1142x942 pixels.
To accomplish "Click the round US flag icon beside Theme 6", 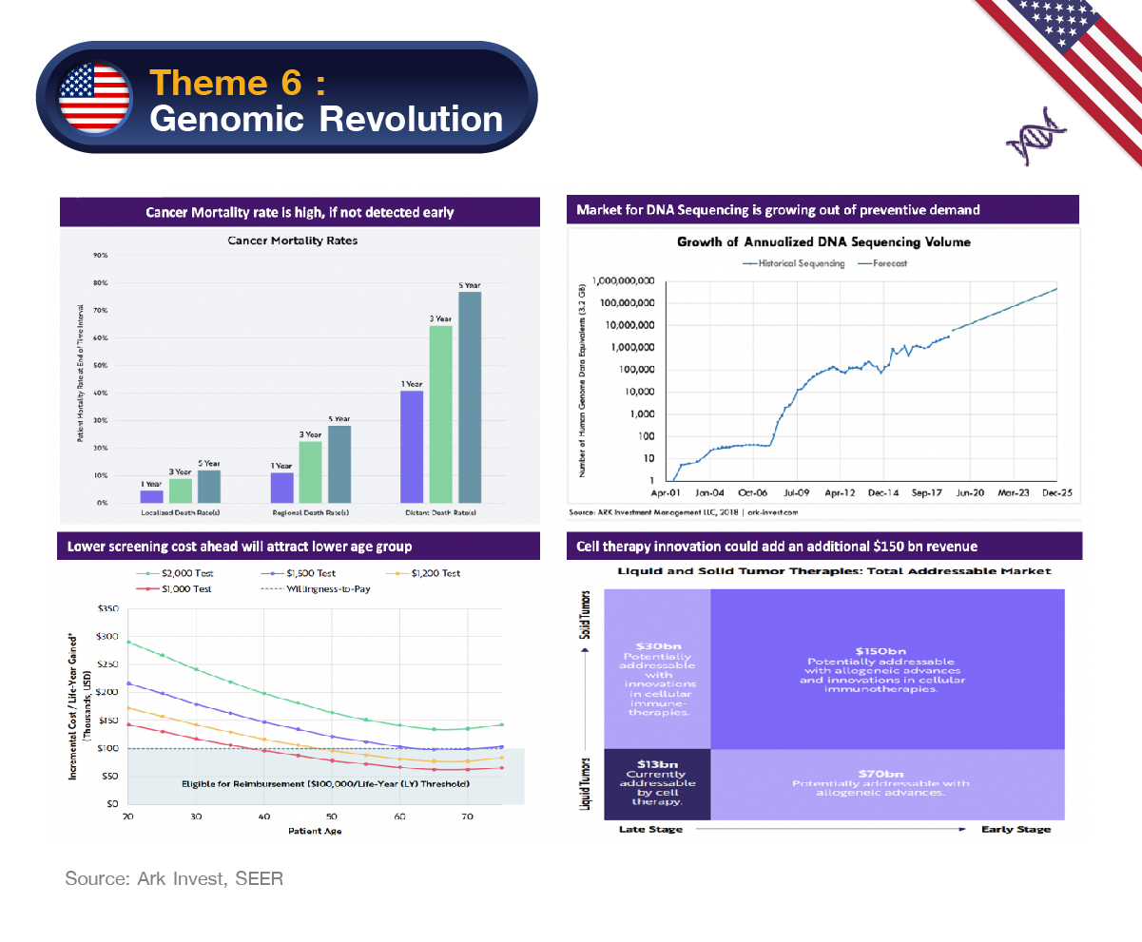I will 95,99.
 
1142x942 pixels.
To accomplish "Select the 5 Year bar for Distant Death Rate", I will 470,396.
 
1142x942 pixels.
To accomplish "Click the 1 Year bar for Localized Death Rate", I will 151,495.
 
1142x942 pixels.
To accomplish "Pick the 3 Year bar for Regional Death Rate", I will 311,471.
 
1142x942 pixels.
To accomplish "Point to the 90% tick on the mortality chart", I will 99,256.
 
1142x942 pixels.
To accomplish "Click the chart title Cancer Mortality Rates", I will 293,240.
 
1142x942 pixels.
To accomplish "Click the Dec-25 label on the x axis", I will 1056,494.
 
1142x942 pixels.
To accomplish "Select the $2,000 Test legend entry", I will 167,573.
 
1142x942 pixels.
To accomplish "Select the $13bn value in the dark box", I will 657,763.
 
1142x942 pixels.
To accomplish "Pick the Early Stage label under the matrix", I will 1016,829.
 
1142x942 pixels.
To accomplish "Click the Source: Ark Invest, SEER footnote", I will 174,878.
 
